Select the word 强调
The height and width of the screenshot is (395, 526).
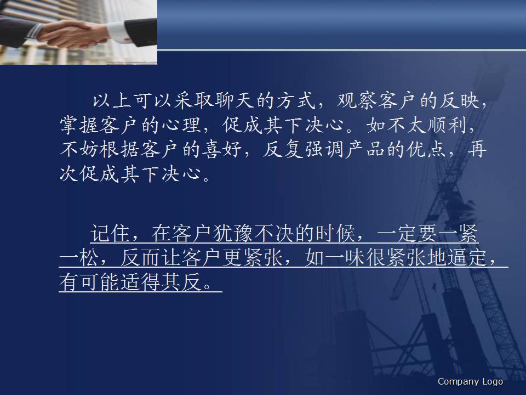pos(313,150)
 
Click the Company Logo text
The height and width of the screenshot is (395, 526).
pos(470,382)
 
